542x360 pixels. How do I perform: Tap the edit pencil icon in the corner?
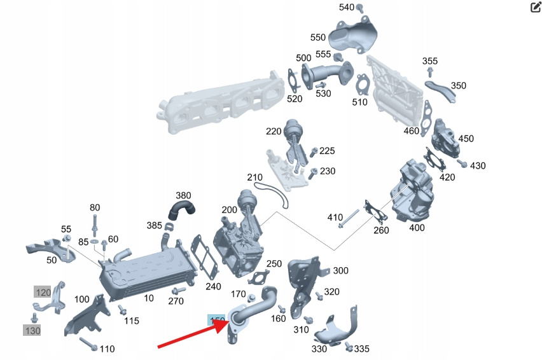535,8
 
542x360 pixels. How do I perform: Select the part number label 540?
347,8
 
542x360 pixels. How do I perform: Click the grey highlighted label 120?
43,292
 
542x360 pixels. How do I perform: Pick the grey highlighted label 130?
32,330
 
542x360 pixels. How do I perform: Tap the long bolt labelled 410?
350,222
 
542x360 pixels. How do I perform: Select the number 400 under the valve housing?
417,228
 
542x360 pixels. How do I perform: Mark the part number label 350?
458,86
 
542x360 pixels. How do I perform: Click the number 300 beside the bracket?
340,271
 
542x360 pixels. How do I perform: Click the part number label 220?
274,132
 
